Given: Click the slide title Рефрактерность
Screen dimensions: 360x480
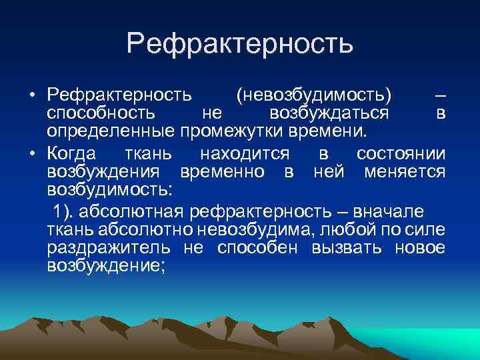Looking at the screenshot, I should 239,44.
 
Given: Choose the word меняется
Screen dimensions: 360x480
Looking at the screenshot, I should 405,173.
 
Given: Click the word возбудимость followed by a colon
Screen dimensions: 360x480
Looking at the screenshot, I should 109,191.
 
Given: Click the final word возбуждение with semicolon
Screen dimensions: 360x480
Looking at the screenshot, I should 107,267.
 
